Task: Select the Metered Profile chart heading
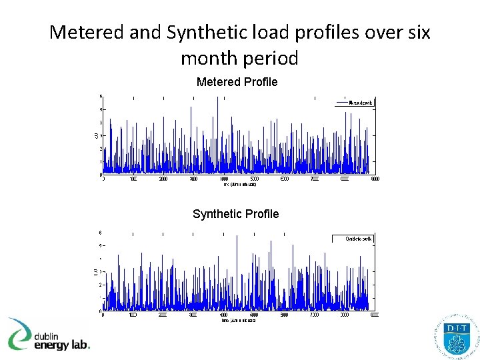(237, 82)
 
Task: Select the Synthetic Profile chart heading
(235, 214)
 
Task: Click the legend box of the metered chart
(353, 103)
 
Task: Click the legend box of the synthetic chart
(352, 239)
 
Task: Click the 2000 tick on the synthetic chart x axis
(163, 315)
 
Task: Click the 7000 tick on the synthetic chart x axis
(314, 315)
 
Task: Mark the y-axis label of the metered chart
(95, 135)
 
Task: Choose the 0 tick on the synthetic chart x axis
(103, 315)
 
